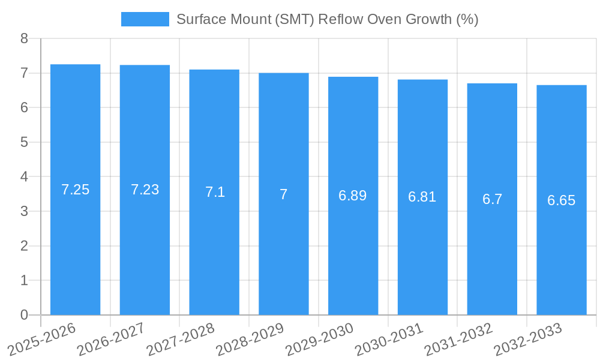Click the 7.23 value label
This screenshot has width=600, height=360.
(x=145, y=190)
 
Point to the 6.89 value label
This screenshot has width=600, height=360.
(x=353, y=196)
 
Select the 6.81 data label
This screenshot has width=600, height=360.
(x=422, y=197)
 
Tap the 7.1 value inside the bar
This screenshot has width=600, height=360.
(x=215, y=192)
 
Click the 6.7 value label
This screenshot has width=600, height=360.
(x=492, y=200)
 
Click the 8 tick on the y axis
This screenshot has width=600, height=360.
(x=24, y=38)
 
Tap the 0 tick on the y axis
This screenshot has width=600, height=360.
(x=24, y=315)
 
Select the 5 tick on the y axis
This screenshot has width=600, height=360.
(x=24, y=142)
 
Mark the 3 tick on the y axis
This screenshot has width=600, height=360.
(x=24, y=211)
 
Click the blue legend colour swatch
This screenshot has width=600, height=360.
(x=145, y=19)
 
